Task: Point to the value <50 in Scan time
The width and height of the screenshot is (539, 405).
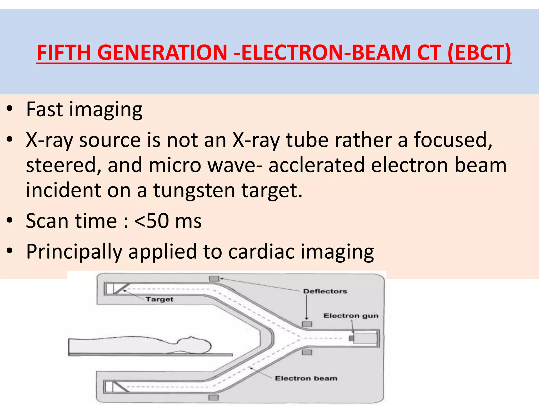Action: point(152,221)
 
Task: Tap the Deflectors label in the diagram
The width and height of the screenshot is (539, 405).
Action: point(325,291)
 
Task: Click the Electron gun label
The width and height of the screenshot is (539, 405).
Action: point(351,316)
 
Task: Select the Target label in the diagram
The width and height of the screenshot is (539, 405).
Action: point(159,299)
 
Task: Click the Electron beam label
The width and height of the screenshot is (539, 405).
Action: point(306,378)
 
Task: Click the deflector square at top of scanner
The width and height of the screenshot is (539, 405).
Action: point(214,279)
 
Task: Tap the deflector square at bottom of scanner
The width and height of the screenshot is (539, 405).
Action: point(213,397)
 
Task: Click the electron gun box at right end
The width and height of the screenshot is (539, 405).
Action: point(365,338)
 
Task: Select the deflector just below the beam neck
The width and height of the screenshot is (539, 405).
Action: point(307,352)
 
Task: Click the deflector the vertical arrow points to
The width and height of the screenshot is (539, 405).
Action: point(307,324)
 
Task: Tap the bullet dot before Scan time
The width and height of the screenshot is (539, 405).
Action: point(10,220)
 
